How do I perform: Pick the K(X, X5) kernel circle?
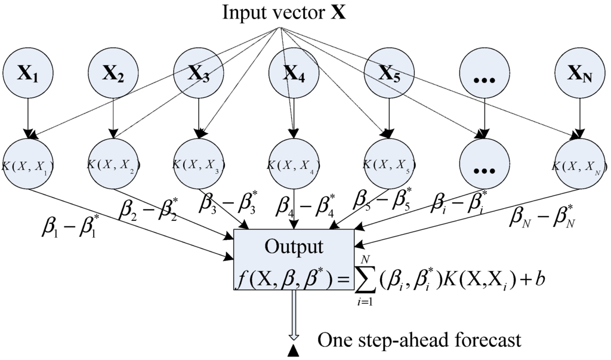(x=388, y=163)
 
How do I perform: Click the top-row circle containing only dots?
(x=484, y=75)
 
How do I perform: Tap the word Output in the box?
(x=294, y=247)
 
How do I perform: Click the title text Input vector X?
(x=284, y=13)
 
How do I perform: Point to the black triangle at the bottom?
(x=293, y=354)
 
